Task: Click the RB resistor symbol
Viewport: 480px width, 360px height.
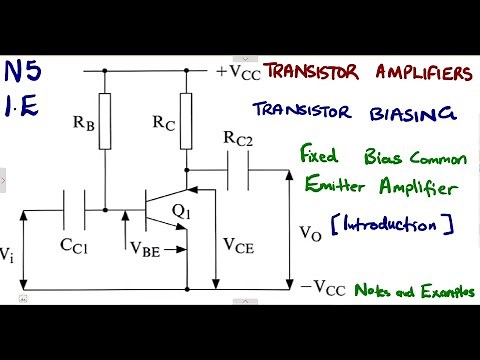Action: (103, 123)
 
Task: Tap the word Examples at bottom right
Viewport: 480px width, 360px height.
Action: (446, 292)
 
